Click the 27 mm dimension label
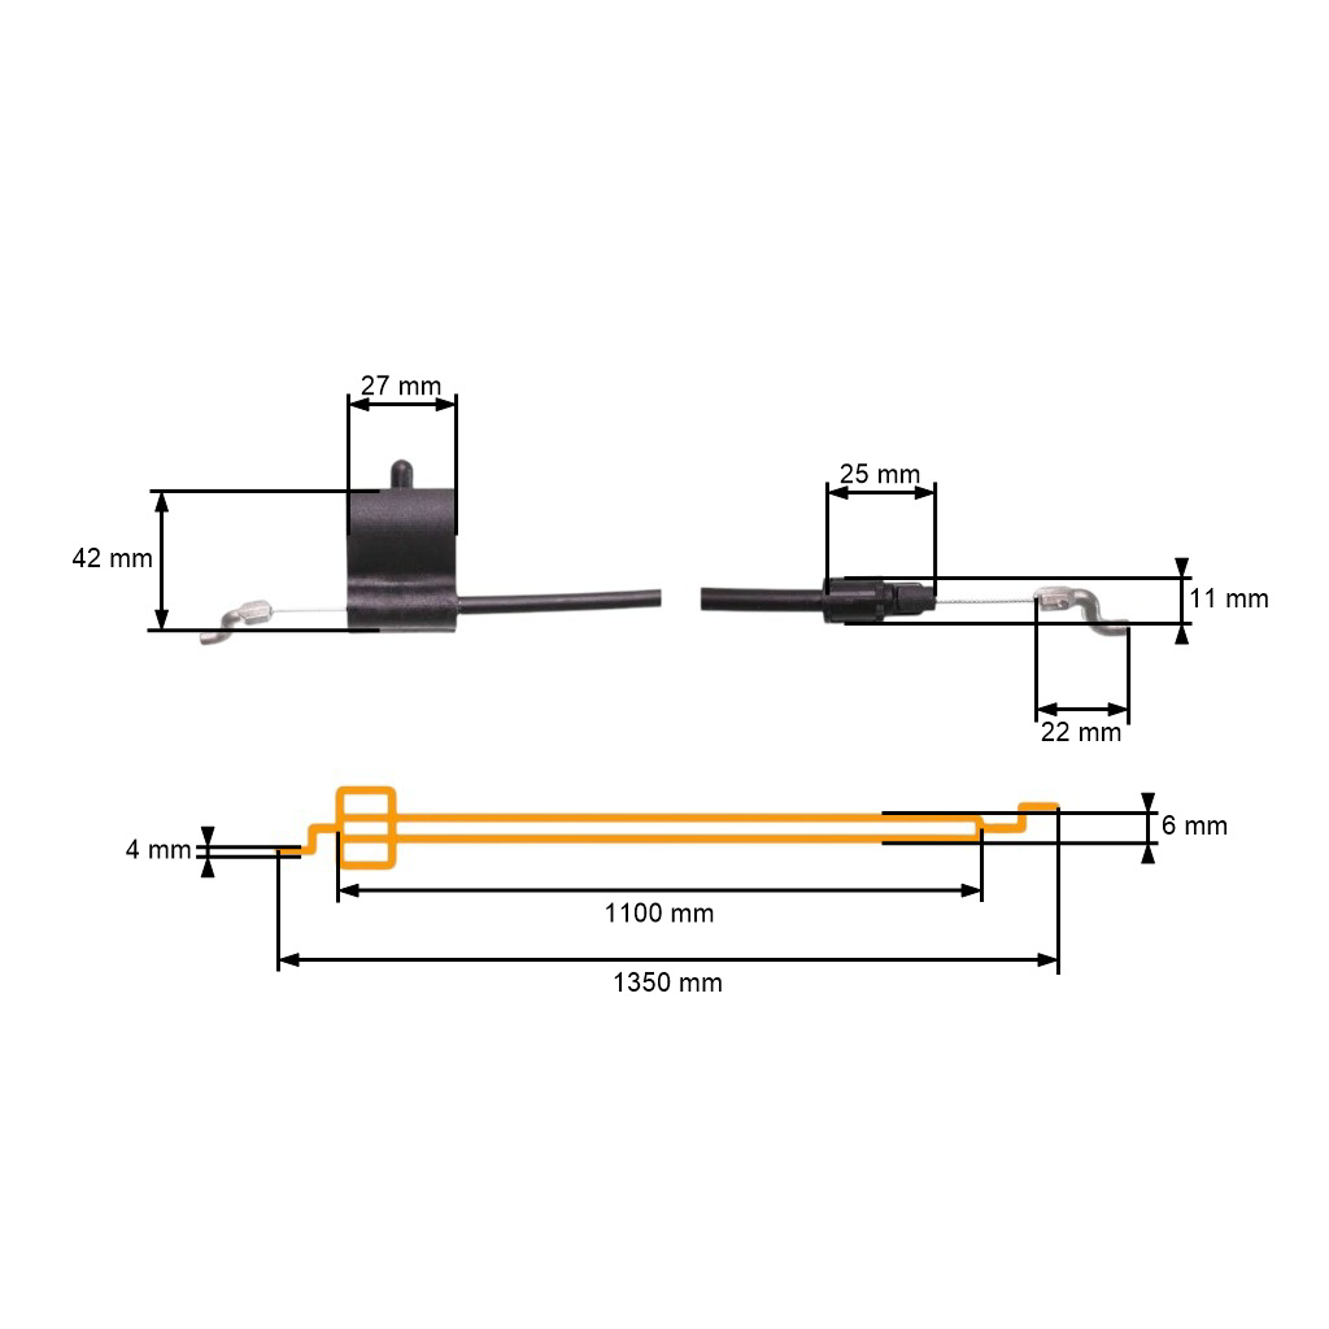point(401,386)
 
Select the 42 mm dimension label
point(112,558)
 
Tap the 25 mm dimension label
point(880,474)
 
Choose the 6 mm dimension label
point(1194,825)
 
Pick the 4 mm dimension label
point(158,850)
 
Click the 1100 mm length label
point(659,913)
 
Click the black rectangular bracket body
point(402,557)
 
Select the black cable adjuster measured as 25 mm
point(877,600)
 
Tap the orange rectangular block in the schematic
point(366,828)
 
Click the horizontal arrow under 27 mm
point(402,404)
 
